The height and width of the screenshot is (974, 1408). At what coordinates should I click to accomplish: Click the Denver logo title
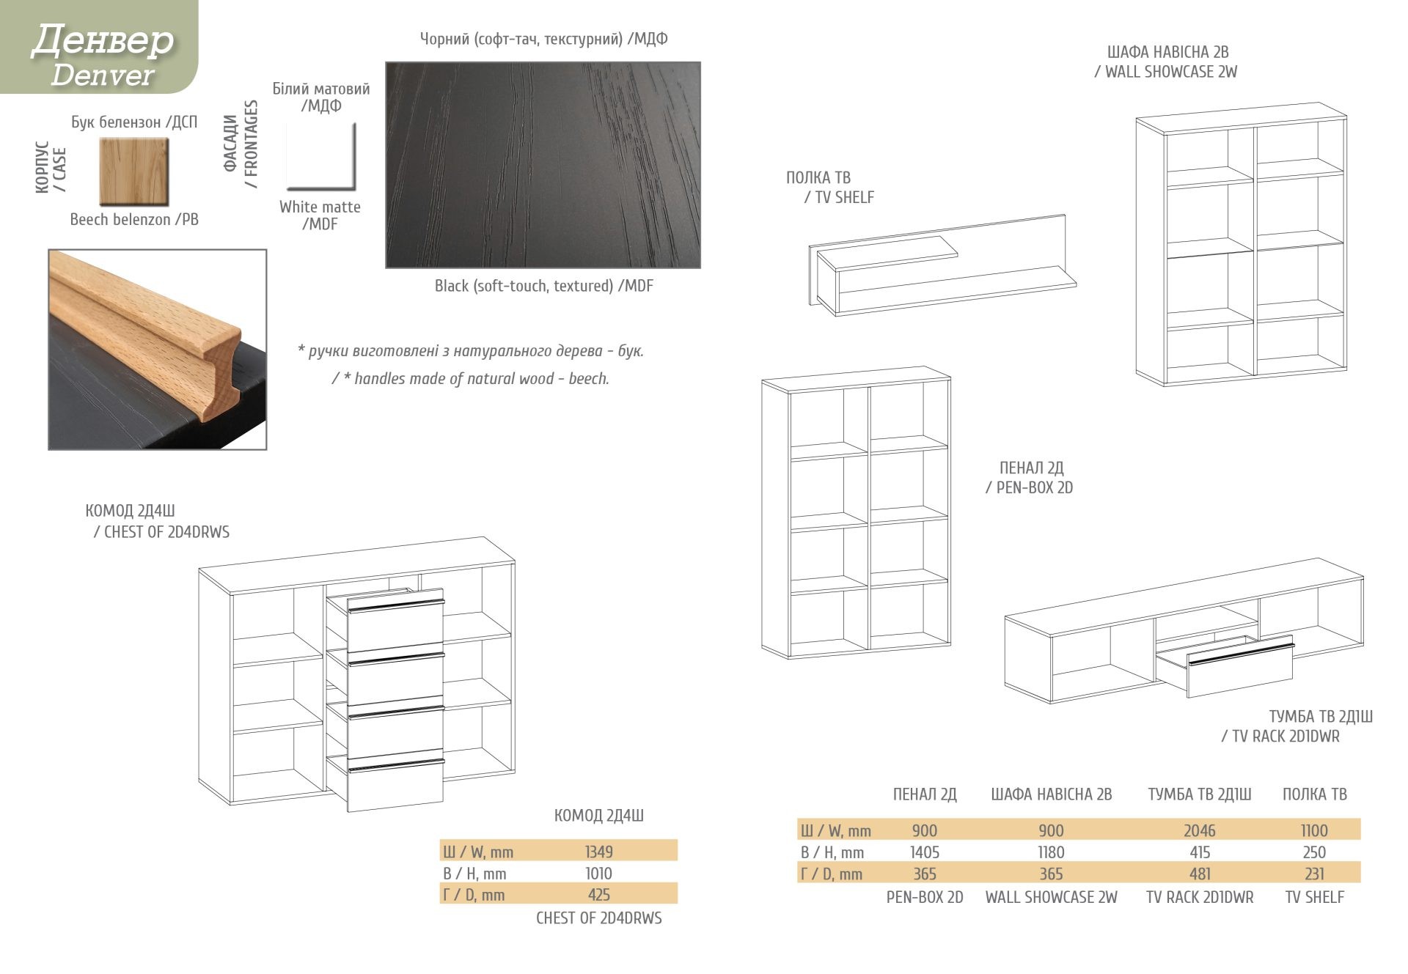[x=102, y=54]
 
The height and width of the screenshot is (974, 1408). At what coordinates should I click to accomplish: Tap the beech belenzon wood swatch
[x=134, y=171]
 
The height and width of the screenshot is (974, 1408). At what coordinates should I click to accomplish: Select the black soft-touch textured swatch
[x=543, y=165]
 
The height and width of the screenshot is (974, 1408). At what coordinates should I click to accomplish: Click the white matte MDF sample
[x=320, y=156]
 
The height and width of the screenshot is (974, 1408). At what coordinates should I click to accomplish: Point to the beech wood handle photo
[x=158, y=350]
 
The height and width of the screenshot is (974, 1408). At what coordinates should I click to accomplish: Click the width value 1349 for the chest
[x=598, y=852]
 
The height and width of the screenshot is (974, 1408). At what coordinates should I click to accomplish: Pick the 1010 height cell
[x=598, y=874]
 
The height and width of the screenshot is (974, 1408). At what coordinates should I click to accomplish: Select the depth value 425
[x=598, y=895]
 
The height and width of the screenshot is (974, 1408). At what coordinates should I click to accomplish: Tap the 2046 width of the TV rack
[x=1199, y=830]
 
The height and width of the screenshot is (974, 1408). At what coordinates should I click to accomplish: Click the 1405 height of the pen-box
[x=924, y=852]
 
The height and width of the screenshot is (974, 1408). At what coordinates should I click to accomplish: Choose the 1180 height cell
[x=1051, y=852]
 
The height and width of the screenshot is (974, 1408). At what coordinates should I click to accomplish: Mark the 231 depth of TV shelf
[x=1314, y=874]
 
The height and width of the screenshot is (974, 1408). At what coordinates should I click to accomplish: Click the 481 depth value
[x=1199, y=874]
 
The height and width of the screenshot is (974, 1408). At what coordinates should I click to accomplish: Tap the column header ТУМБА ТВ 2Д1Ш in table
[x=1199, y=794]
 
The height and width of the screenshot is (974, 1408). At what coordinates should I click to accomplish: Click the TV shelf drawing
[x=942, y=265]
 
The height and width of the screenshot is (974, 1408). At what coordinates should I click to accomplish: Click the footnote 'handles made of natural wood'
[x=470, y=379]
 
